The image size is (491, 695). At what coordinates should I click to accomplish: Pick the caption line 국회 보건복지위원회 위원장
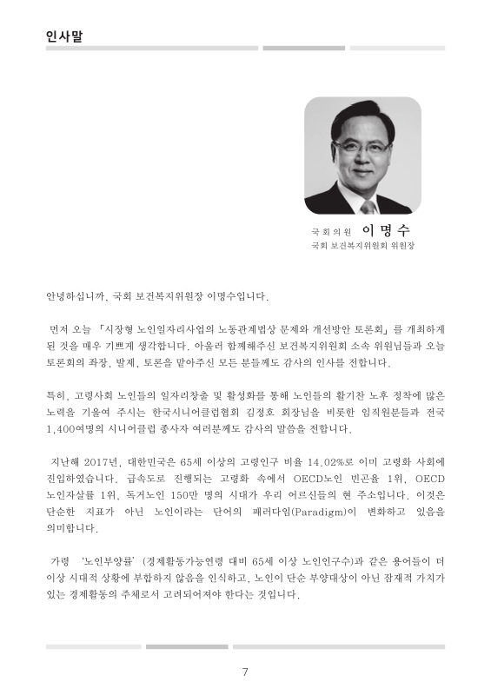point(363,246)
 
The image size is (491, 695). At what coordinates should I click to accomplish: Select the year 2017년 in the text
point(103,461)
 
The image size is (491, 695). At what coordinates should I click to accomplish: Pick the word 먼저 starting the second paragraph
point(61,329)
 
